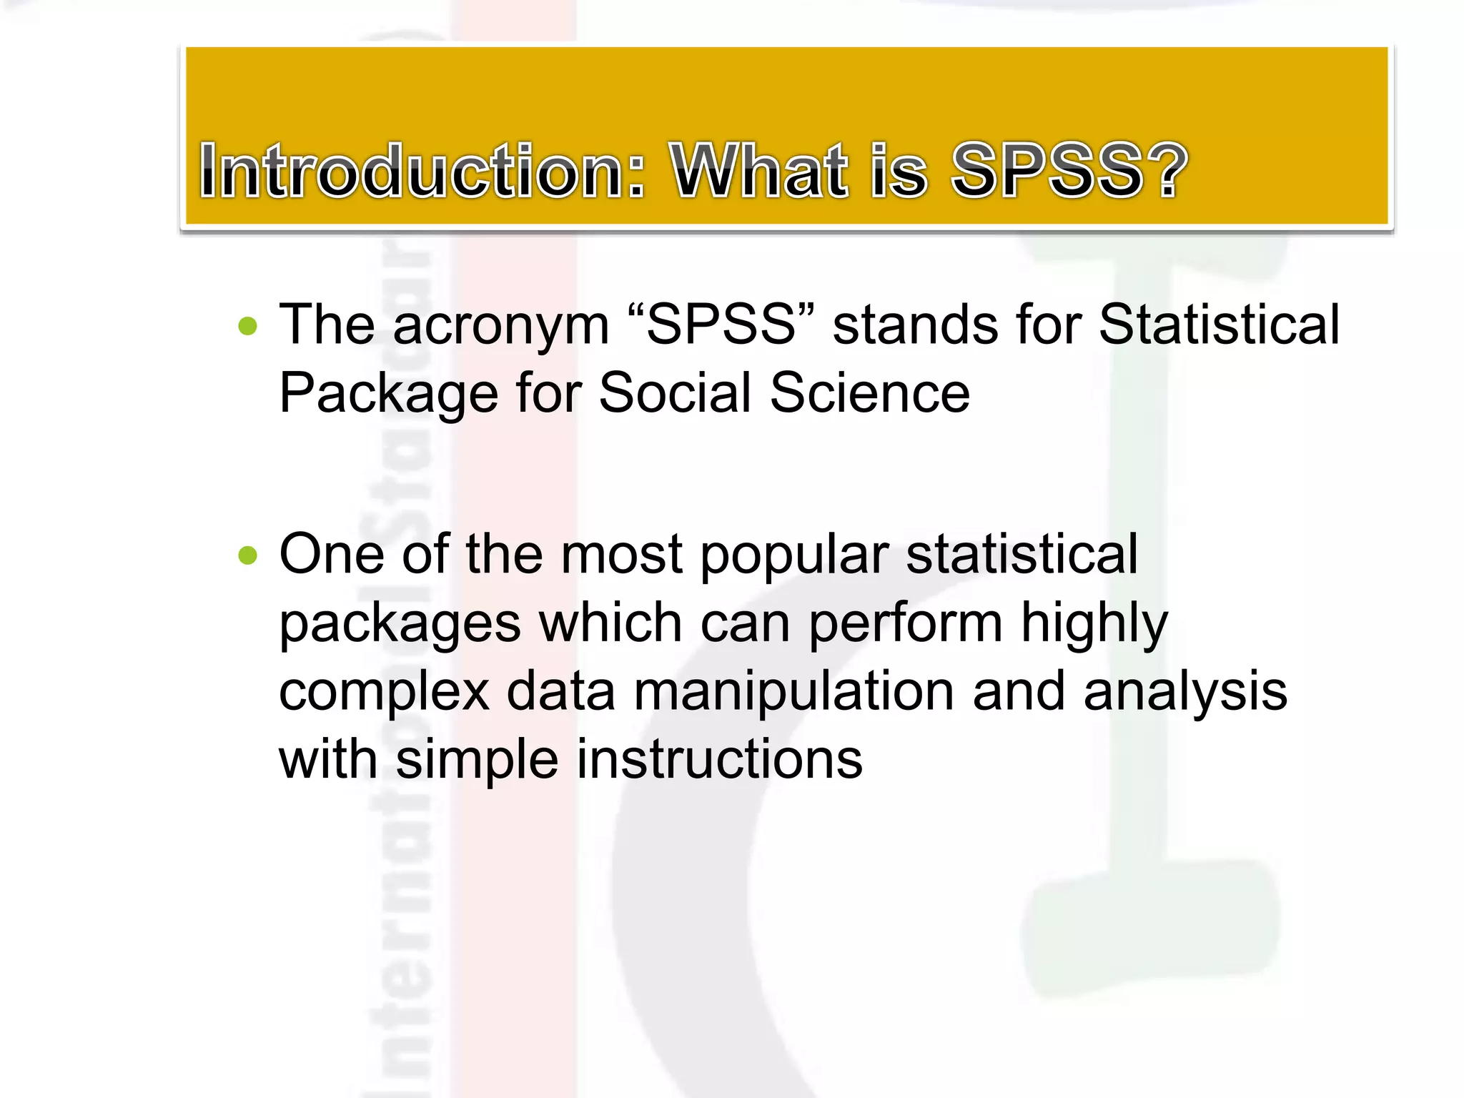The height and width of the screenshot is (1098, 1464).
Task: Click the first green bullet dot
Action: [x=248, y=327]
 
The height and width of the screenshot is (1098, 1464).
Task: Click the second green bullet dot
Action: [x=248, y=555]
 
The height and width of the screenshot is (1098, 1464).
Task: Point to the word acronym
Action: [x=500, y=326]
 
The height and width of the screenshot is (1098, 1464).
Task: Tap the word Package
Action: [x=388, y=394]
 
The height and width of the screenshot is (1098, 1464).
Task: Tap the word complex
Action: [x=384, y=693]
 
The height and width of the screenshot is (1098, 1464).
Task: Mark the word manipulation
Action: [x=793, y=693]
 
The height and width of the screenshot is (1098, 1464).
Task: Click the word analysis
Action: [x=1184, y=693]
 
